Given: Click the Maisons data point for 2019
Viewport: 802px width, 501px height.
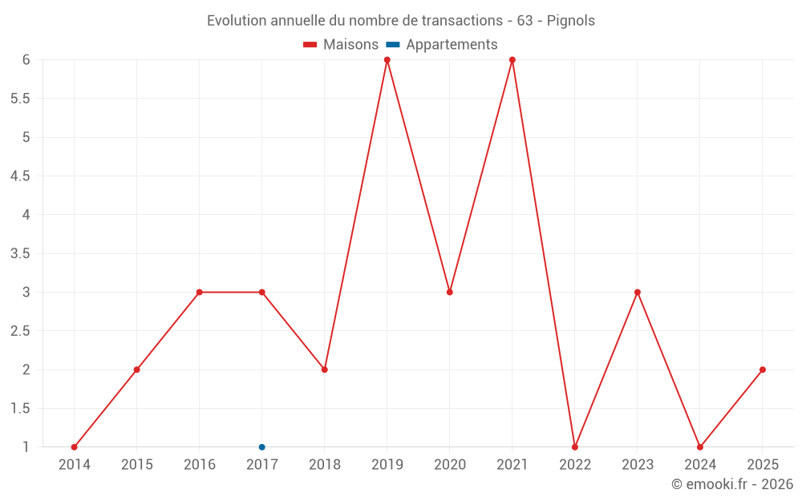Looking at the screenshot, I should (x=387, y=60).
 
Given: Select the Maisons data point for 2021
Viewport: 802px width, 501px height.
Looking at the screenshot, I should (x=512, y=60).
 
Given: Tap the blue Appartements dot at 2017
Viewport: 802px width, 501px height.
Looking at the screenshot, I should (x=262, y=447).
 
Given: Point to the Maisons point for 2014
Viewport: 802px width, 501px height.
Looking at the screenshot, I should (x=75, y=447).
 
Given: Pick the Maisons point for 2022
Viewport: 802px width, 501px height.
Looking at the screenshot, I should (x=575, y=447).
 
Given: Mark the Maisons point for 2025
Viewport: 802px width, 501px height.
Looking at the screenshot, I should (x=763, y=370).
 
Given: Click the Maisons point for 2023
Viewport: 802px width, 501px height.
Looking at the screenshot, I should (x=638, y=292).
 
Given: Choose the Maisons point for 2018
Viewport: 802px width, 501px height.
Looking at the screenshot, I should (x=325, y=370).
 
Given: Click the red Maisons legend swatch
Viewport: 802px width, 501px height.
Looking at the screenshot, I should (x=310, y=45).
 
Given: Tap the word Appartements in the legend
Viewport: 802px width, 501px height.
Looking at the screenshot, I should (x=452, y=45).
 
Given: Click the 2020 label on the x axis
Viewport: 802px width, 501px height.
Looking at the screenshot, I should (x=450, y=465).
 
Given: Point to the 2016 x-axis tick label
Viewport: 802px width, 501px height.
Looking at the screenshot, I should (x=200, y=465).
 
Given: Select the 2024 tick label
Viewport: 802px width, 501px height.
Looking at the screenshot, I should (x=700, y=465).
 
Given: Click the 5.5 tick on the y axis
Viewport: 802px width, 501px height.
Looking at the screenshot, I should (x=20, y=99).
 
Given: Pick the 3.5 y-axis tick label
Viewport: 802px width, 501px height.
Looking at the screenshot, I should (x=20, y=253).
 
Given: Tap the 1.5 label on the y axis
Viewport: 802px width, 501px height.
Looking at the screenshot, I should (x=20, y=409).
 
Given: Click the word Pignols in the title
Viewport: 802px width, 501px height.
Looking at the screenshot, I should (x=571, y=21).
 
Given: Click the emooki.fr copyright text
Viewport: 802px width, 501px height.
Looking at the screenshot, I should (x=732, y=484).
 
